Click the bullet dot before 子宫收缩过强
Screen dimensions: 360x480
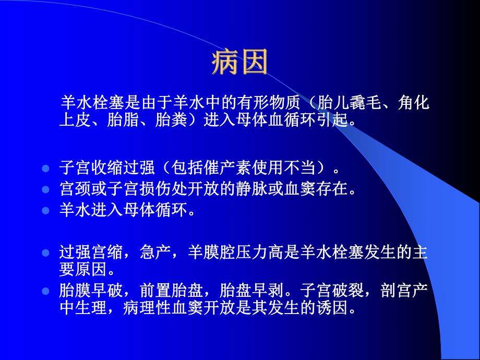pyautogui.click(x=45, y=170)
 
